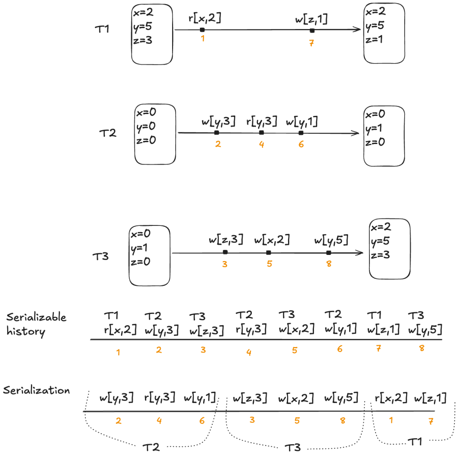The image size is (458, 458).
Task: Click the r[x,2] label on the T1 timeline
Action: point(205,18)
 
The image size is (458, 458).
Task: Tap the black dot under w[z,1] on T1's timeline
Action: point(312,30)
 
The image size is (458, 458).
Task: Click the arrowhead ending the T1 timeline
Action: point(358,30)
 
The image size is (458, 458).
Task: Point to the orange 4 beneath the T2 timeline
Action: point(261,145)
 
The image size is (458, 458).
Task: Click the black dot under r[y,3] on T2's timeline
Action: point(261,132)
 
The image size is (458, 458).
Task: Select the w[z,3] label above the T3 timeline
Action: point(226,240)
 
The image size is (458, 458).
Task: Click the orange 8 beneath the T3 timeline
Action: point(329,264)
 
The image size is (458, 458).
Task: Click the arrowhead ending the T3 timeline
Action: point(360,253)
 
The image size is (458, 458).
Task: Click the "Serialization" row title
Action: point(36,390)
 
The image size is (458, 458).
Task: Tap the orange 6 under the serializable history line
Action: point(340,349)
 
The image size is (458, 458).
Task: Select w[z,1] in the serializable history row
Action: point(383,330)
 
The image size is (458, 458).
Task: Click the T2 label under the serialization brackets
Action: point(151,447)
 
